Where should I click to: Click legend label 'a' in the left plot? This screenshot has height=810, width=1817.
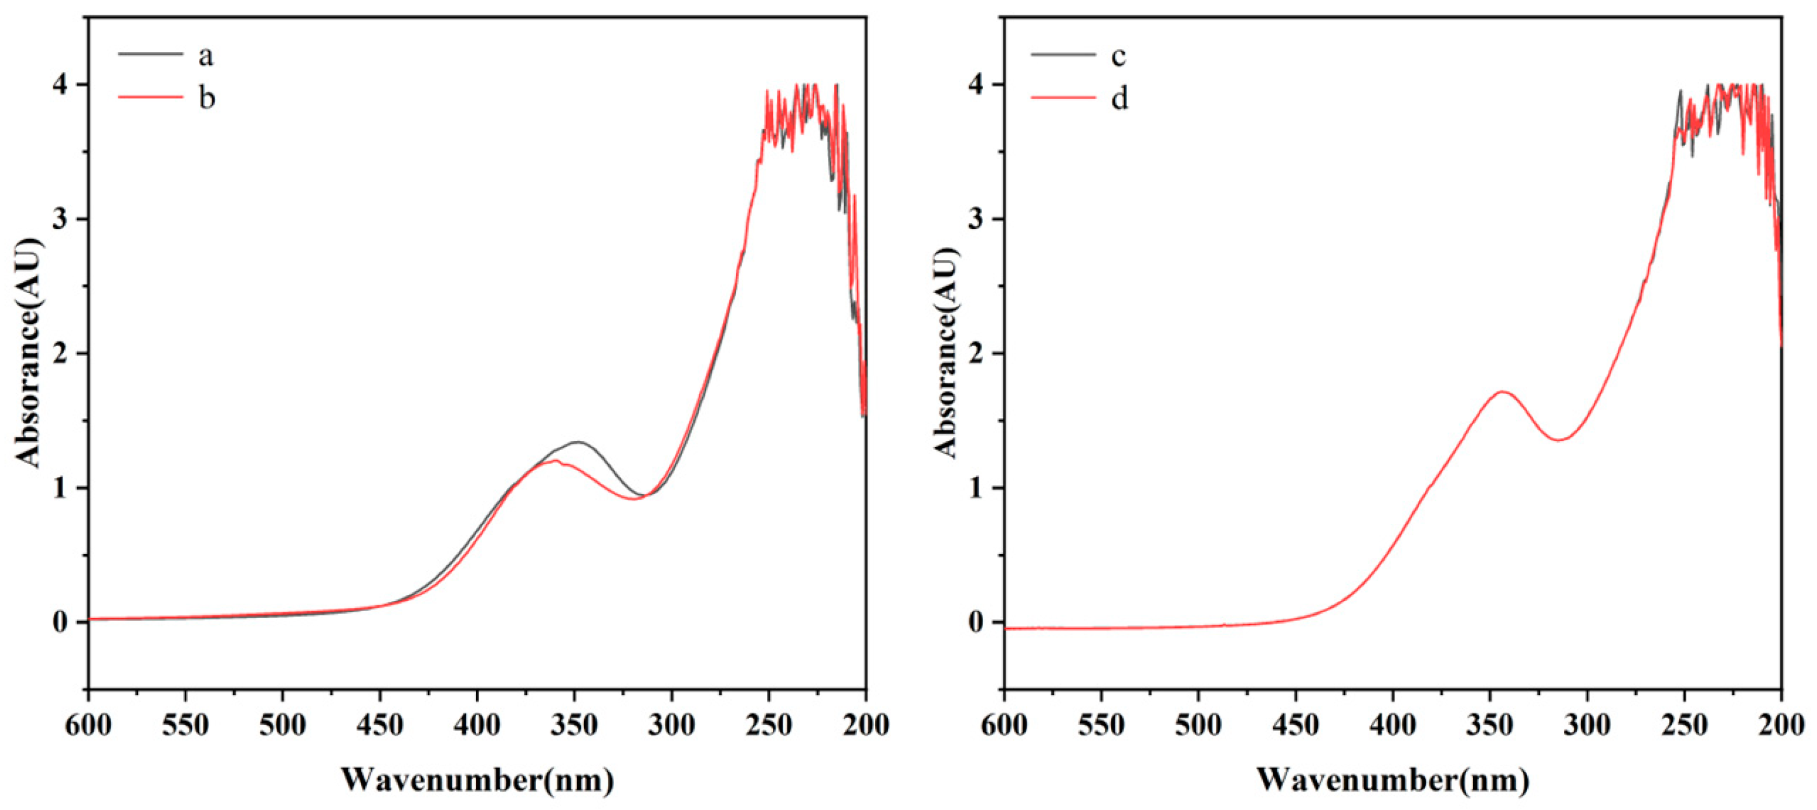coord(205,56)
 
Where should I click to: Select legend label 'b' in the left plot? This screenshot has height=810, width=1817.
coord(206,97)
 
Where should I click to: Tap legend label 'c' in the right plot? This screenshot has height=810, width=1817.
coord(1119,56)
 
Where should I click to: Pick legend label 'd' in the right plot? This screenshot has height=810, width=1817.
coord(1119,97)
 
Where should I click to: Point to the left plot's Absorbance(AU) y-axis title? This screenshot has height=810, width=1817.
coord(30,353)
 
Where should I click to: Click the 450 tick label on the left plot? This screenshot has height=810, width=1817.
coord(379,725)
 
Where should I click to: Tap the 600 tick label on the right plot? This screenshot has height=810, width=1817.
coord(1004,725)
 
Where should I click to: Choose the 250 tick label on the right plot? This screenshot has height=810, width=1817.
coord(1684,725)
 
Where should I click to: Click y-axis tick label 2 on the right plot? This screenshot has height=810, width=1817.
coord(976,354)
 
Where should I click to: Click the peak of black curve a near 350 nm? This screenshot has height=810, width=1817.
coord(578,442)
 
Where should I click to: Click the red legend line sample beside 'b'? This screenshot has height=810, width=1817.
coord(149,97)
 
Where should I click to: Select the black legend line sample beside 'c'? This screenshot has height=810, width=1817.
coord(1064,54)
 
